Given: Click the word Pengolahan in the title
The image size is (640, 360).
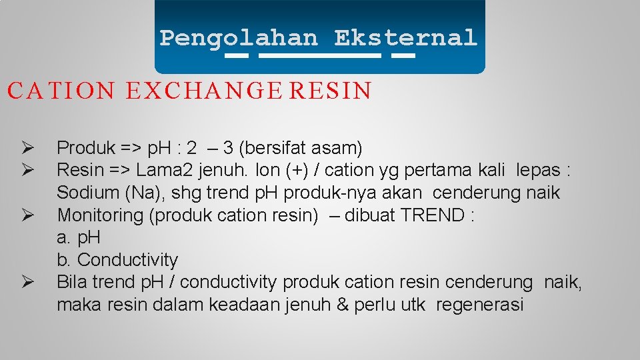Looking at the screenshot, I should (x=239, y=38).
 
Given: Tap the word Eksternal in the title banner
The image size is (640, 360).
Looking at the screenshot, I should (x=406, y=38).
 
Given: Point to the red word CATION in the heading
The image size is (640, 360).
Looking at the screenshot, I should (x=61, y=91).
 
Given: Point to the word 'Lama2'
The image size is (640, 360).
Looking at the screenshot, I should (x=162, y=170).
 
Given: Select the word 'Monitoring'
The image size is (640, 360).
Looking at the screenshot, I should (x=100, y=215).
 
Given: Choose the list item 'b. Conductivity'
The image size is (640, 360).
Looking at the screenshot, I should (x=117, y=260).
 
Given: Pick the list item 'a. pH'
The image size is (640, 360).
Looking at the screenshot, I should (x=78, y=237).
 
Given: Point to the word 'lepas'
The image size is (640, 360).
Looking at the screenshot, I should (x=537, y=170).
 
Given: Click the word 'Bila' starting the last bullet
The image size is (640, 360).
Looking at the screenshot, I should (x=72, y=283).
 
